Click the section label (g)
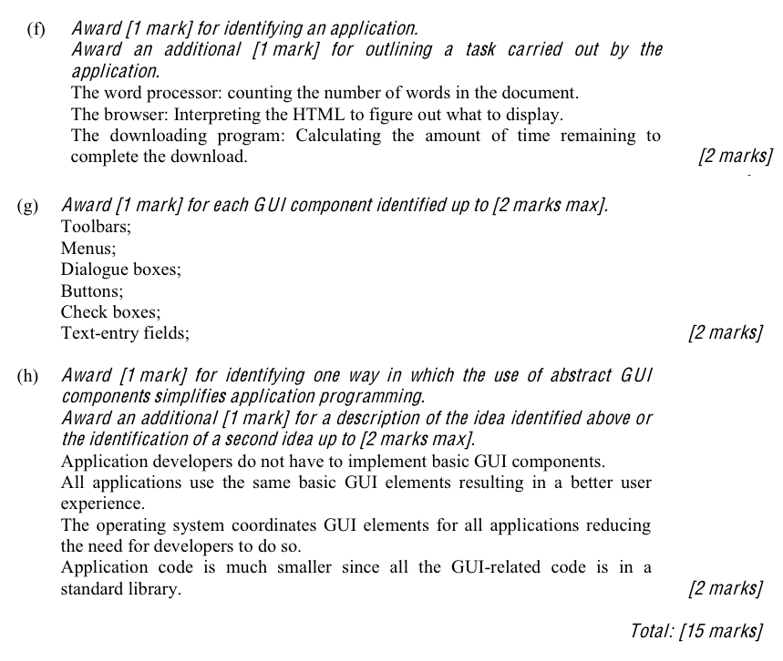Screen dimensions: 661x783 (27, 206)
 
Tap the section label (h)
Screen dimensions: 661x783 (27, 375)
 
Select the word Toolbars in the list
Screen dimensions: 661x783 (96, 226)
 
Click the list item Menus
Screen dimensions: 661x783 (88, 248)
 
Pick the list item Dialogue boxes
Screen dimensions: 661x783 (121, 269)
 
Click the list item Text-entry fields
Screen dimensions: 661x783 (125, 333)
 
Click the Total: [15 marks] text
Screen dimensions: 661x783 (695, 630)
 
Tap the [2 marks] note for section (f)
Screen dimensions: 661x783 (735, 157)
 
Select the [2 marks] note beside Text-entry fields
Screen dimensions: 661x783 (726, 333)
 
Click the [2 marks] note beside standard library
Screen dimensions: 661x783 (726, 589)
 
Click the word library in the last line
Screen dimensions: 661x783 (155, 589)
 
